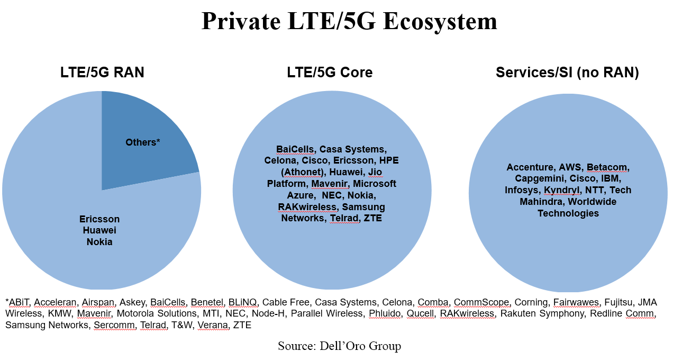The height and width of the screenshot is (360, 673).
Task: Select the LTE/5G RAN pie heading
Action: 102,73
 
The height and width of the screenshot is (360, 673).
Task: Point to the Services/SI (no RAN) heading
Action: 567,73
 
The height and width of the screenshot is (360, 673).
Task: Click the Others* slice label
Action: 142,142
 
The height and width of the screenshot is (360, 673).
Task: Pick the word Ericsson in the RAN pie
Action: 99,219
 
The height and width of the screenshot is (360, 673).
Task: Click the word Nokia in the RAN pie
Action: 99,242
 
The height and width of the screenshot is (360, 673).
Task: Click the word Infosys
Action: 522,190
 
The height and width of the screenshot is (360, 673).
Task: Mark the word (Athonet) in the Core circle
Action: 305,172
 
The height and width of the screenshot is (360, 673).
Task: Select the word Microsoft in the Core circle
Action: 375,184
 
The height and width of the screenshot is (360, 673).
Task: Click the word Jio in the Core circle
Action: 375,172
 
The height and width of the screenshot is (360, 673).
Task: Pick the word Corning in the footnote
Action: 531,302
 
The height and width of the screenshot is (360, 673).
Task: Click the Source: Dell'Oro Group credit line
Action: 339,346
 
